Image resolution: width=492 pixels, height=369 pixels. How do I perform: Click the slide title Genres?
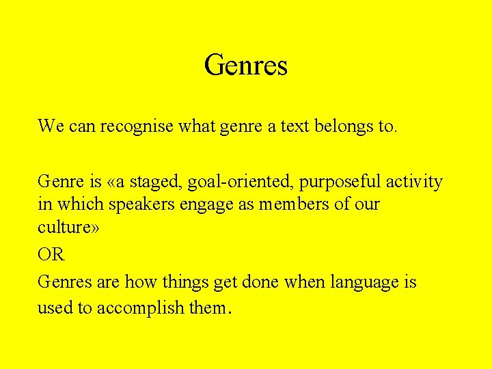(245, 66)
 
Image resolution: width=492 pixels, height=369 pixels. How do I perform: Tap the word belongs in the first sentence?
(340, 126)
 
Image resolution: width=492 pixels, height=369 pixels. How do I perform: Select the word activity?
(414, 182)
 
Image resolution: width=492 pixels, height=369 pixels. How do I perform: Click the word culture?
(65, 227)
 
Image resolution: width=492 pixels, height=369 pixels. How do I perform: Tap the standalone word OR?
(51, 255)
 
